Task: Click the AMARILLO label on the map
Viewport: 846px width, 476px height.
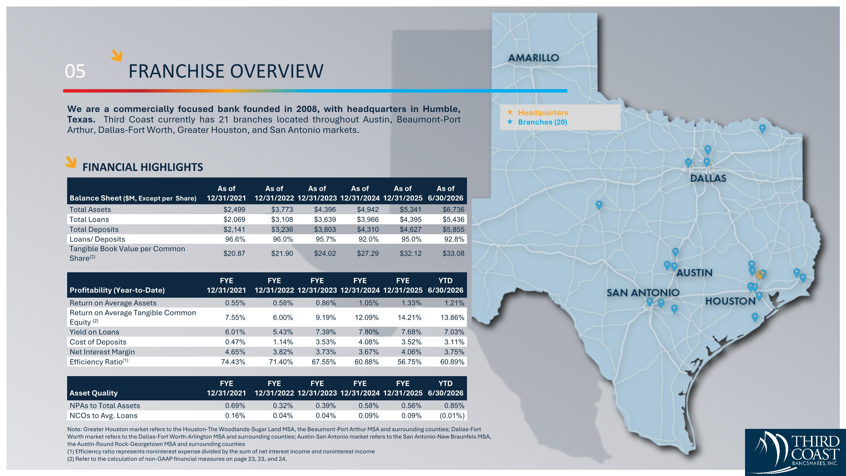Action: tap(533, 58)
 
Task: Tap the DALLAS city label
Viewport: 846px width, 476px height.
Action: tap(708, 178)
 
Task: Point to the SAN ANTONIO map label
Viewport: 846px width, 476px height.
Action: tap(643, 292)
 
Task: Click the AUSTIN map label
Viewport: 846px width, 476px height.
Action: tap(694, 273)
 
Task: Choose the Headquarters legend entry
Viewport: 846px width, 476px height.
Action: tap(543, 112)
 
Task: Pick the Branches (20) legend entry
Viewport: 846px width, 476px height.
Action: tap(543, 122)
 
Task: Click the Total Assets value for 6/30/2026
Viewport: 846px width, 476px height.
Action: tap(453, 210)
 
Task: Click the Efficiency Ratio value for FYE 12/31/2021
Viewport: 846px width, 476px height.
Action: tap(233, 362)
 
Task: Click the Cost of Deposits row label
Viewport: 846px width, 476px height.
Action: tap(98, 342)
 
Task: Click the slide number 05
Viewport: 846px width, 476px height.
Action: tap(75, 71)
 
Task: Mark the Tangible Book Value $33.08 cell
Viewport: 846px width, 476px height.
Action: tap(453, 253)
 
